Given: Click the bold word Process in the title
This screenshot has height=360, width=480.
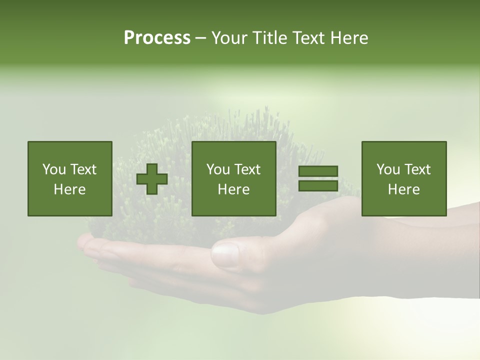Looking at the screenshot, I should pyautogui.click(x=157, y=38).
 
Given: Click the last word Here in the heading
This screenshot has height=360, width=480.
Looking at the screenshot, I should pyautogui.click(x=349, y=38).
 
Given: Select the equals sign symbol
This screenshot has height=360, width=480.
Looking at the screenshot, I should pyautogui.click(x=318, y=178).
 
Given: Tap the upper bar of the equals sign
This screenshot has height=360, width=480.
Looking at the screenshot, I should pyautogui.click(x=318, y=171).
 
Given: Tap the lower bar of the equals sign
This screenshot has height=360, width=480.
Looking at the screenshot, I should pyautogui.click(x=318, y=185).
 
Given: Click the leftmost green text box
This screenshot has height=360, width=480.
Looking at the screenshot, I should pyautogui.click(x=70, y=178).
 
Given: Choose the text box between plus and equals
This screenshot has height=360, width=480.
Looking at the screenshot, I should pyautogui.click(x=234, y=178).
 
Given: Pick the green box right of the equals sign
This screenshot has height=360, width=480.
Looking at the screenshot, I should pyautogui.click(x=404, y=178).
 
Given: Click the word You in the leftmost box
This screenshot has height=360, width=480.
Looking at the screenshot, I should pyautogui.click(x=53, y=169).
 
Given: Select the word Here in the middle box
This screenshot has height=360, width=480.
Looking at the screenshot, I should pyautogui.click(x=234, y=189).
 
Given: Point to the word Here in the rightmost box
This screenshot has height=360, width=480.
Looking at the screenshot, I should pyautogui.click(x=404, y=189).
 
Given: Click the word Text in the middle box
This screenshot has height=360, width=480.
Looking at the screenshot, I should pyautogui.click(x=248, y=169).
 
